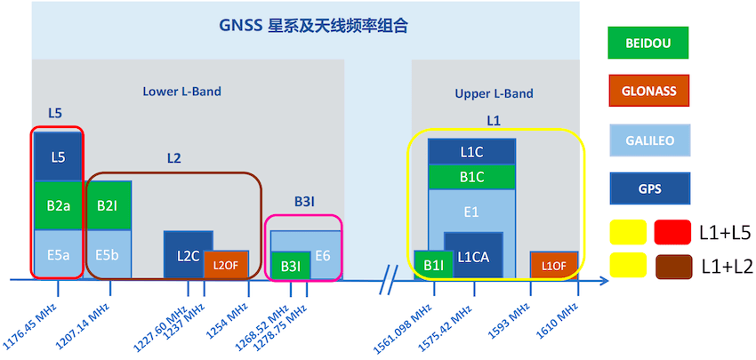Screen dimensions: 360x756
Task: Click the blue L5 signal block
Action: tap(58, 157)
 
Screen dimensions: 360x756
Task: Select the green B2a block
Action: tap(58, 206)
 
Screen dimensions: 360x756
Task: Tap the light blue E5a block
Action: tap(58, 253)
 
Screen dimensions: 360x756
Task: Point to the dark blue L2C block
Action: tap(188, 255)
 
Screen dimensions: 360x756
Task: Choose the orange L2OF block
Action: tap(227, 265)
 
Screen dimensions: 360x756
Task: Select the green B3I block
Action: tap(290, 266)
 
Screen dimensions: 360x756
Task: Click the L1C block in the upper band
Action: tap(471, 152)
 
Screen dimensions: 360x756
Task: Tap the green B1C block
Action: tap(471, 177)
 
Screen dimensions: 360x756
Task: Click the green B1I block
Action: tap(434, 265)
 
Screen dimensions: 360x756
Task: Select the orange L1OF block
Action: tap(554, 265)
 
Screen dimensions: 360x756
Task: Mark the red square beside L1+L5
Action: tap(672, 232)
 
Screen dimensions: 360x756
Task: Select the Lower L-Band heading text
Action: tap(181, 91)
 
